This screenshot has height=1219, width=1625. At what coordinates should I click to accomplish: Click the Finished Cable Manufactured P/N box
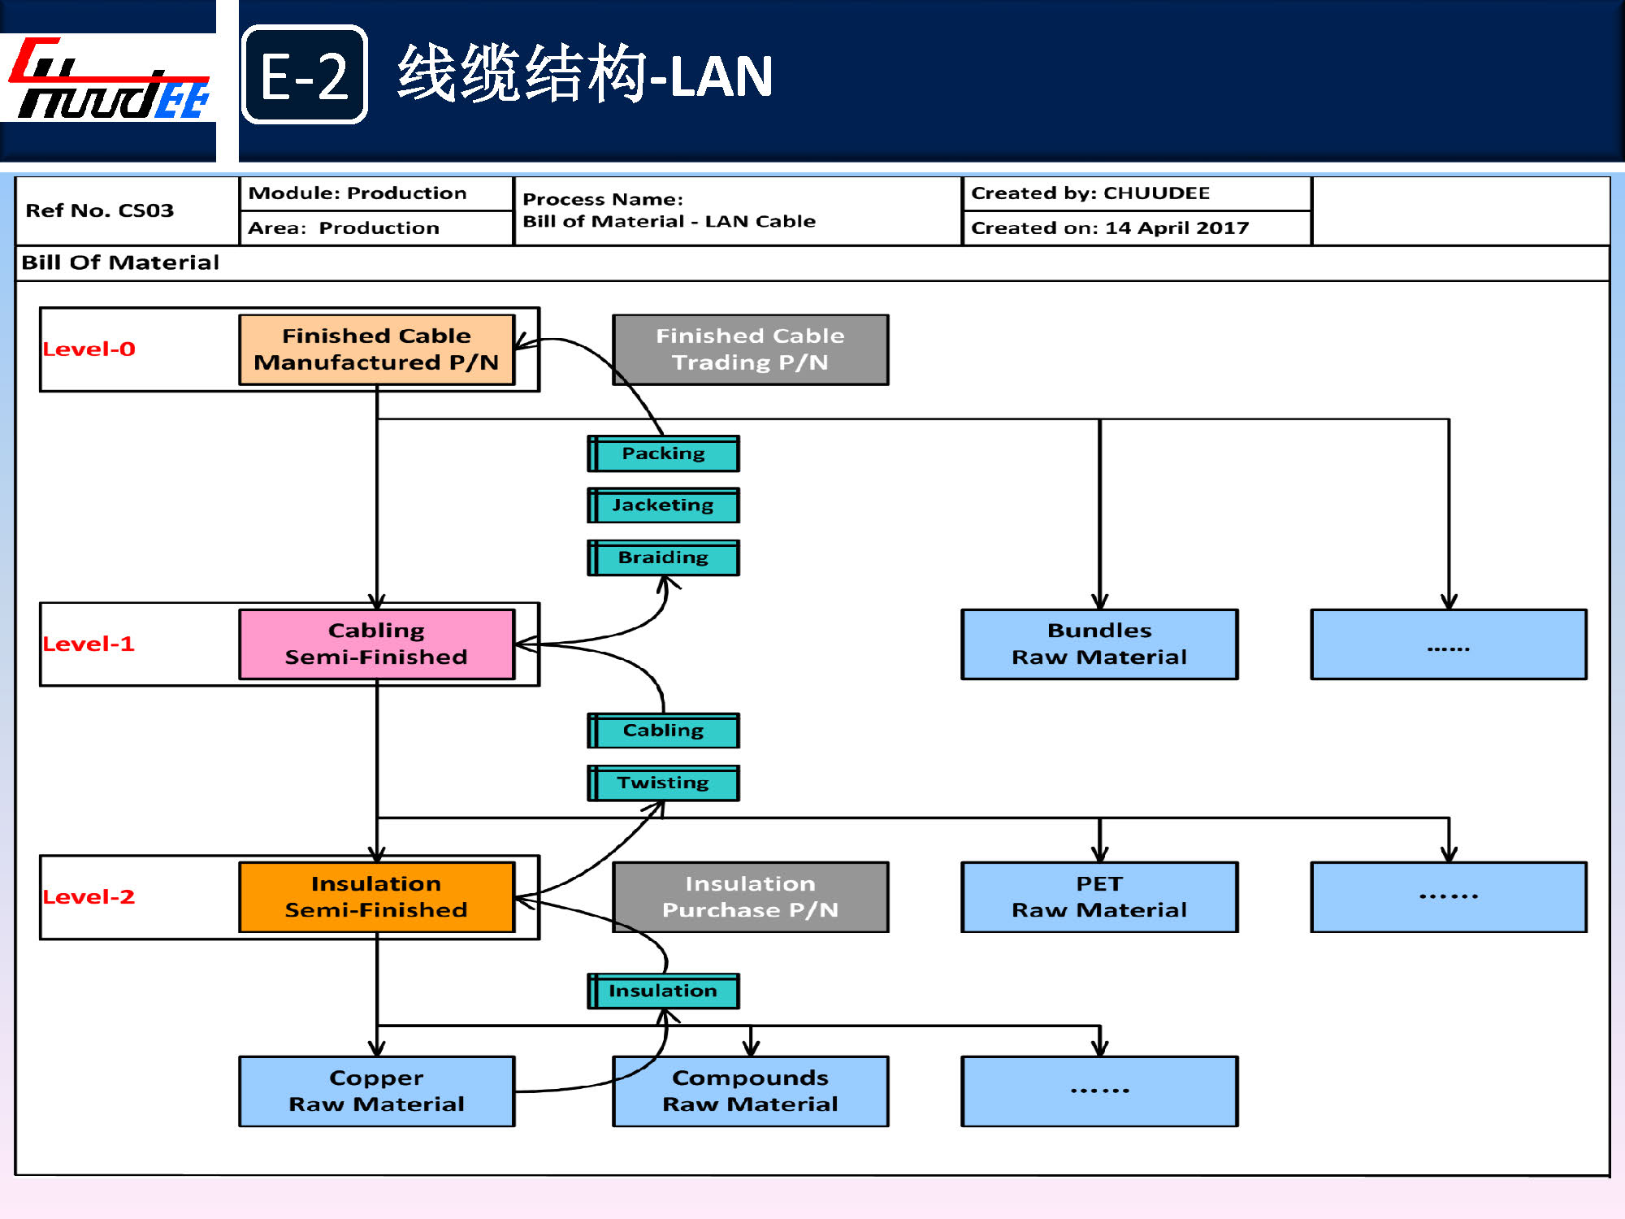tap(376, 349)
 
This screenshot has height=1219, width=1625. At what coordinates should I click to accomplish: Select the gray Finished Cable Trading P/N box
tap(750, 349)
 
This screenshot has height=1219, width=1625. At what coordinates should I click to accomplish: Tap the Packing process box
tap(663, 453)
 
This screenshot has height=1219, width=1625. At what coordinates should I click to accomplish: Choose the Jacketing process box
tap(663, 505)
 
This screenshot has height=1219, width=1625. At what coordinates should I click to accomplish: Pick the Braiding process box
tap(663, 557)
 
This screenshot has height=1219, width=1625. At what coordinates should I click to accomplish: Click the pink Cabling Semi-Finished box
tap(376, 644)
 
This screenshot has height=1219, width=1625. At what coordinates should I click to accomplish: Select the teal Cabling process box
tap(663, 731)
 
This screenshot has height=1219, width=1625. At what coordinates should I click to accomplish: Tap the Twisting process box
tap(663, 783)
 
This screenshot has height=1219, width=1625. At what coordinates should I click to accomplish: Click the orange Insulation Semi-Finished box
tap(376, 896)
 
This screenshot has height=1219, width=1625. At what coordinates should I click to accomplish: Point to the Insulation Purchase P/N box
tap(750, 896)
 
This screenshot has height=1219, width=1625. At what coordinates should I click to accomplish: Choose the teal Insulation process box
tap(663, 991)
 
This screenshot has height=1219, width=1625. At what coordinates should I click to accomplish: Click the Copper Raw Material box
tap(376, 1091)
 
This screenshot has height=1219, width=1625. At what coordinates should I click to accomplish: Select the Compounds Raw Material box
tap(750, 1091)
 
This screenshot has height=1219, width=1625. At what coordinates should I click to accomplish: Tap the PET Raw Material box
tap(1099, 896)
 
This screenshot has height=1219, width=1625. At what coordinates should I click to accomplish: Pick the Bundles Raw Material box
tap(1099, 644)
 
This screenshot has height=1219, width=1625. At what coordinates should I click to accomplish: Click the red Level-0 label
tap(89, 349)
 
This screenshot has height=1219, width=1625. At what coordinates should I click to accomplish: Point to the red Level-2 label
tap(89, 896)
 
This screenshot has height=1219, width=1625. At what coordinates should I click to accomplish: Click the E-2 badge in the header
tap(305, 75)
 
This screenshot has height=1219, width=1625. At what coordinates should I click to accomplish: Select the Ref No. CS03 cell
tap(100, 210)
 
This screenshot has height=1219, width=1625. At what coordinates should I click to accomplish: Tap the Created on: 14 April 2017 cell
tap(1110, 228)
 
